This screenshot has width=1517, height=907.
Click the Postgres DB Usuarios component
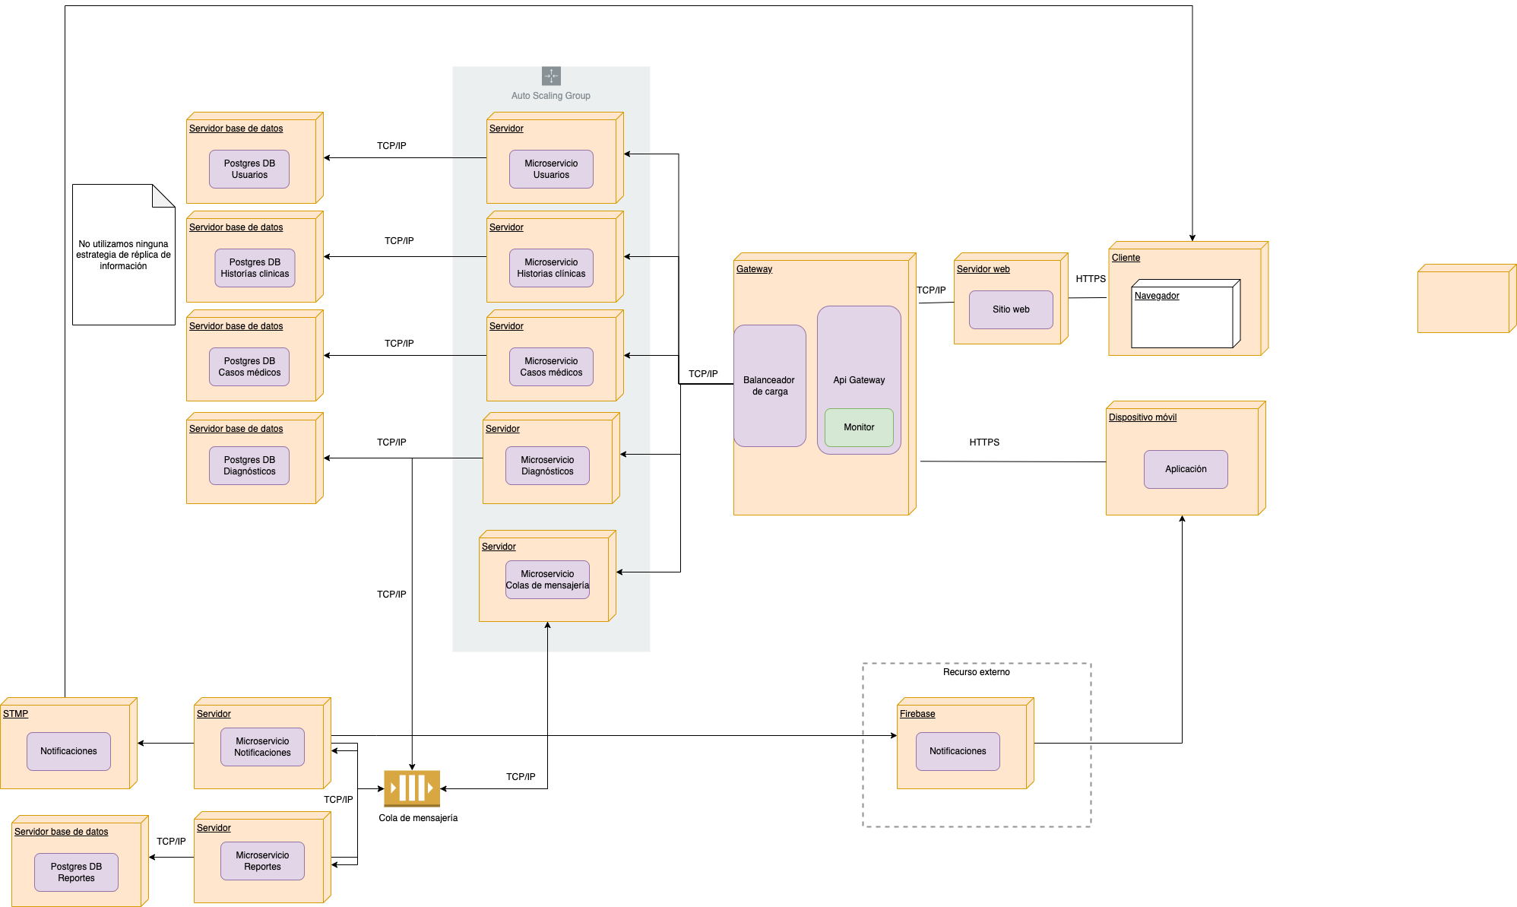pos(249,169)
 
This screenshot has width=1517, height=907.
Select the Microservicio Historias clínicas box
pos(551,268)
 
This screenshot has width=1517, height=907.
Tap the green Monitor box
pos(859,427)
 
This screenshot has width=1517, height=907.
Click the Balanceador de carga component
pos(769,385)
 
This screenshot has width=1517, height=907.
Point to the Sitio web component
pos(1011,309)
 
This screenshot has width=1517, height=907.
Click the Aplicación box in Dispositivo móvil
pos(1186,469)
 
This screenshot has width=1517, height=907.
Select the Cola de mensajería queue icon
pos(411,788)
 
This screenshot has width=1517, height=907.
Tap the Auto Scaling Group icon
pos(551,76)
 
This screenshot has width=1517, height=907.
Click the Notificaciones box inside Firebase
pos(958,751)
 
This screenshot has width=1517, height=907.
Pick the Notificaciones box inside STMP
pos(68,751)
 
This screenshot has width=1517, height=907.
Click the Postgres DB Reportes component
pos(76,872)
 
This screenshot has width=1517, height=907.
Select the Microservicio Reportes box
pos(262,861)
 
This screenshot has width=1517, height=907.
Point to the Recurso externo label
pos(976,672)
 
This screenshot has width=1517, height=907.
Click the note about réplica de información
pos(123,255)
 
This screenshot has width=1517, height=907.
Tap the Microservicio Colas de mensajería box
pos(547,579)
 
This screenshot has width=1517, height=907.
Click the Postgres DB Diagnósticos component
pos(249,465)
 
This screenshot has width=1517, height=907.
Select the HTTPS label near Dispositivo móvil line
pos(984,442)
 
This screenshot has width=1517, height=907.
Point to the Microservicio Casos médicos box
pos(551,366)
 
